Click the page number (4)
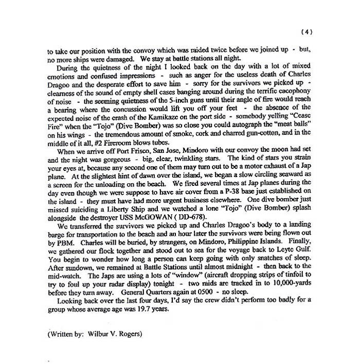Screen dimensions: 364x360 305,32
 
